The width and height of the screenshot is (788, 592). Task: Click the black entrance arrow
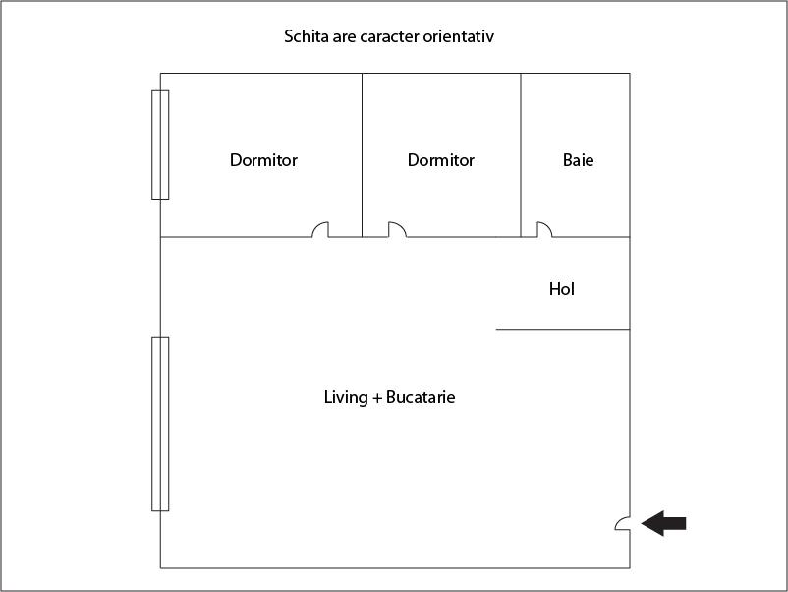[664, 523]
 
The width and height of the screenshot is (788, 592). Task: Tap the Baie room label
[578, 160]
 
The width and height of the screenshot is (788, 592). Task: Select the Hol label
[562, 289]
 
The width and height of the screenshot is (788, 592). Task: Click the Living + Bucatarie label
[389, 397]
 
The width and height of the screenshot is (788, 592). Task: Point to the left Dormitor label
[263, 160]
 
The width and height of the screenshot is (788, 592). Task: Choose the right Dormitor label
[441, 160]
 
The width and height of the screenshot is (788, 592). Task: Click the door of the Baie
[544, 229]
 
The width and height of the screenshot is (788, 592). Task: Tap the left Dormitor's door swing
[320, 229]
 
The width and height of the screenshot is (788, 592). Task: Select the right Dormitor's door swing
[397, 229]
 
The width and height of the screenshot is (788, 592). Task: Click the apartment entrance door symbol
[623, 523]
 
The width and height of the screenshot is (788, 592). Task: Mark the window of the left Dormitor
[160, 145]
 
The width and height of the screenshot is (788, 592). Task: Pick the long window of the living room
[160, 424]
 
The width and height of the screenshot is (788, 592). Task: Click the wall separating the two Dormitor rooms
[362, 155]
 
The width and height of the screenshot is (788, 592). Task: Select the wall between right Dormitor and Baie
[521, 155]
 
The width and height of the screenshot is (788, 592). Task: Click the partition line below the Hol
[563, 330]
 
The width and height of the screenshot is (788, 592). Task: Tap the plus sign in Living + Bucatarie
[377, 398]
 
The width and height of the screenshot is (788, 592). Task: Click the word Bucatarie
[421, 397]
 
